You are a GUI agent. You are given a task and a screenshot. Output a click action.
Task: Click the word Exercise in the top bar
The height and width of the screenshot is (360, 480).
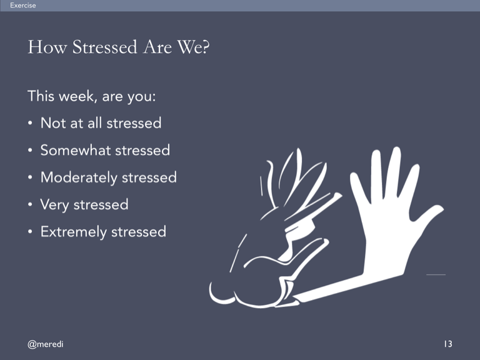click(x=23, y=5)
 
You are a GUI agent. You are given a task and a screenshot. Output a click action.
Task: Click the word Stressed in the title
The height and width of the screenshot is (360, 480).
click(x=105, y=47)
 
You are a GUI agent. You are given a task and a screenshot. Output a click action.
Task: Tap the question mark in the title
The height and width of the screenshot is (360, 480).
click(x=206, y=47)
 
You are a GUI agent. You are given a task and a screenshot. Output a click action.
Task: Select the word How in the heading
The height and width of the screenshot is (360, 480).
click(x=47, y=47)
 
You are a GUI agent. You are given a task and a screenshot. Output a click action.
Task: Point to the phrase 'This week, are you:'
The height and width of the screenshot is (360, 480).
click(x=92, y=96)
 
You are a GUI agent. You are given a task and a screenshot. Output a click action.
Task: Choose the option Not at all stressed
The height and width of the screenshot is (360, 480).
click(x=101, y=123)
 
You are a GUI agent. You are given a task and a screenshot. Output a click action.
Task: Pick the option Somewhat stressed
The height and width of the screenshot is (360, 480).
click(x=105, y=150)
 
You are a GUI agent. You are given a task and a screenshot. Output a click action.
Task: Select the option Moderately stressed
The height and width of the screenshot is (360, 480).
click(x=109, y=177)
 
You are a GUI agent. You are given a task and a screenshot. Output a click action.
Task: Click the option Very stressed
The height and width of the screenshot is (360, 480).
click(x=84, y=205)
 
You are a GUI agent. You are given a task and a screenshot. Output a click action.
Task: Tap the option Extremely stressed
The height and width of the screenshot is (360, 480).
click(x=103, y=232)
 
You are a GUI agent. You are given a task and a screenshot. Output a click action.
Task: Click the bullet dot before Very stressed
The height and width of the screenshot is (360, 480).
click(x=30, y=204)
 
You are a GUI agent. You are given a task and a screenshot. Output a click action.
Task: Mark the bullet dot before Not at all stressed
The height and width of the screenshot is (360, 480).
click(x=30, y=123)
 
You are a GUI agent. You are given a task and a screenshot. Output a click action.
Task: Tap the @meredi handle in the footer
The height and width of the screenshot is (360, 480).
click(x=45, y=344)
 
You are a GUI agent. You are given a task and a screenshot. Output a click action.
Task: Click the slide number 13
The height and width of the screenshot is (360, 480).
click(x=448, y=344)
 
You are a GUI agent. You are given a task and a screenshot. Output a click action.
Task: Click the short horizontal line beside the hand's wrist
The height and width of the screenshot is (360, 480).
click(x=436, y=274)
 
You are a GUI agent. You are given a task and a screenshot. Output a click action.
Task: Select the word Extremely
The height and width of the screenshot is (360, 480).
click(x=74, y=232)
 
